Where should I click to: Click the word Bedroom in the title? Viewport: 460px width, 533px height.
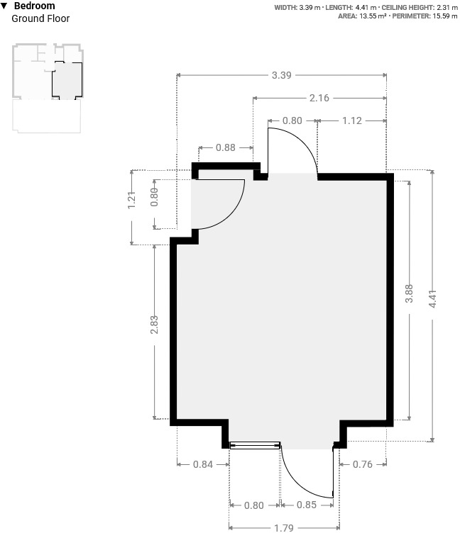[34, 6]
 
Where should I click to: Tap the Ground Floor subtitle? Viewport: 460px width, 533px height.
[40, 18]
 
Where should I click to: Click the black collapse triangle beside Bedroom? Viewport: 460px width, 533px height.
[4, 6]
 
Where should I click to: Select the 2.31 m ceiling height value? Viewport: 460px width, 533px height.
[447, 8]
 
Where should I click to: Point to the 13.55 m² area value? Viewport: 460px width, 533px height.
[373, 16]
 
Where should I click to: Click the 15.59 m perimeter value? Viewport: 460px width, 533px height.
[445, 16]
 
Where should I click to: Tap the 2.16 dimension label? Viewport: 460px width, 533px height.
[319, 98]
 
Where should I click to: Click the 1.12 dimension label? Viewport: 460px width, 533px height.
[351, 120]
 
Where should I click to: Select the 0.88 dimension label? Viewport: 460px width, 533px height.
[226, 147]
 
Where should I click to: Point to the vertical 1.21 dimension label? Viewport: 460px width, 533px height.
[132, 200]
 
